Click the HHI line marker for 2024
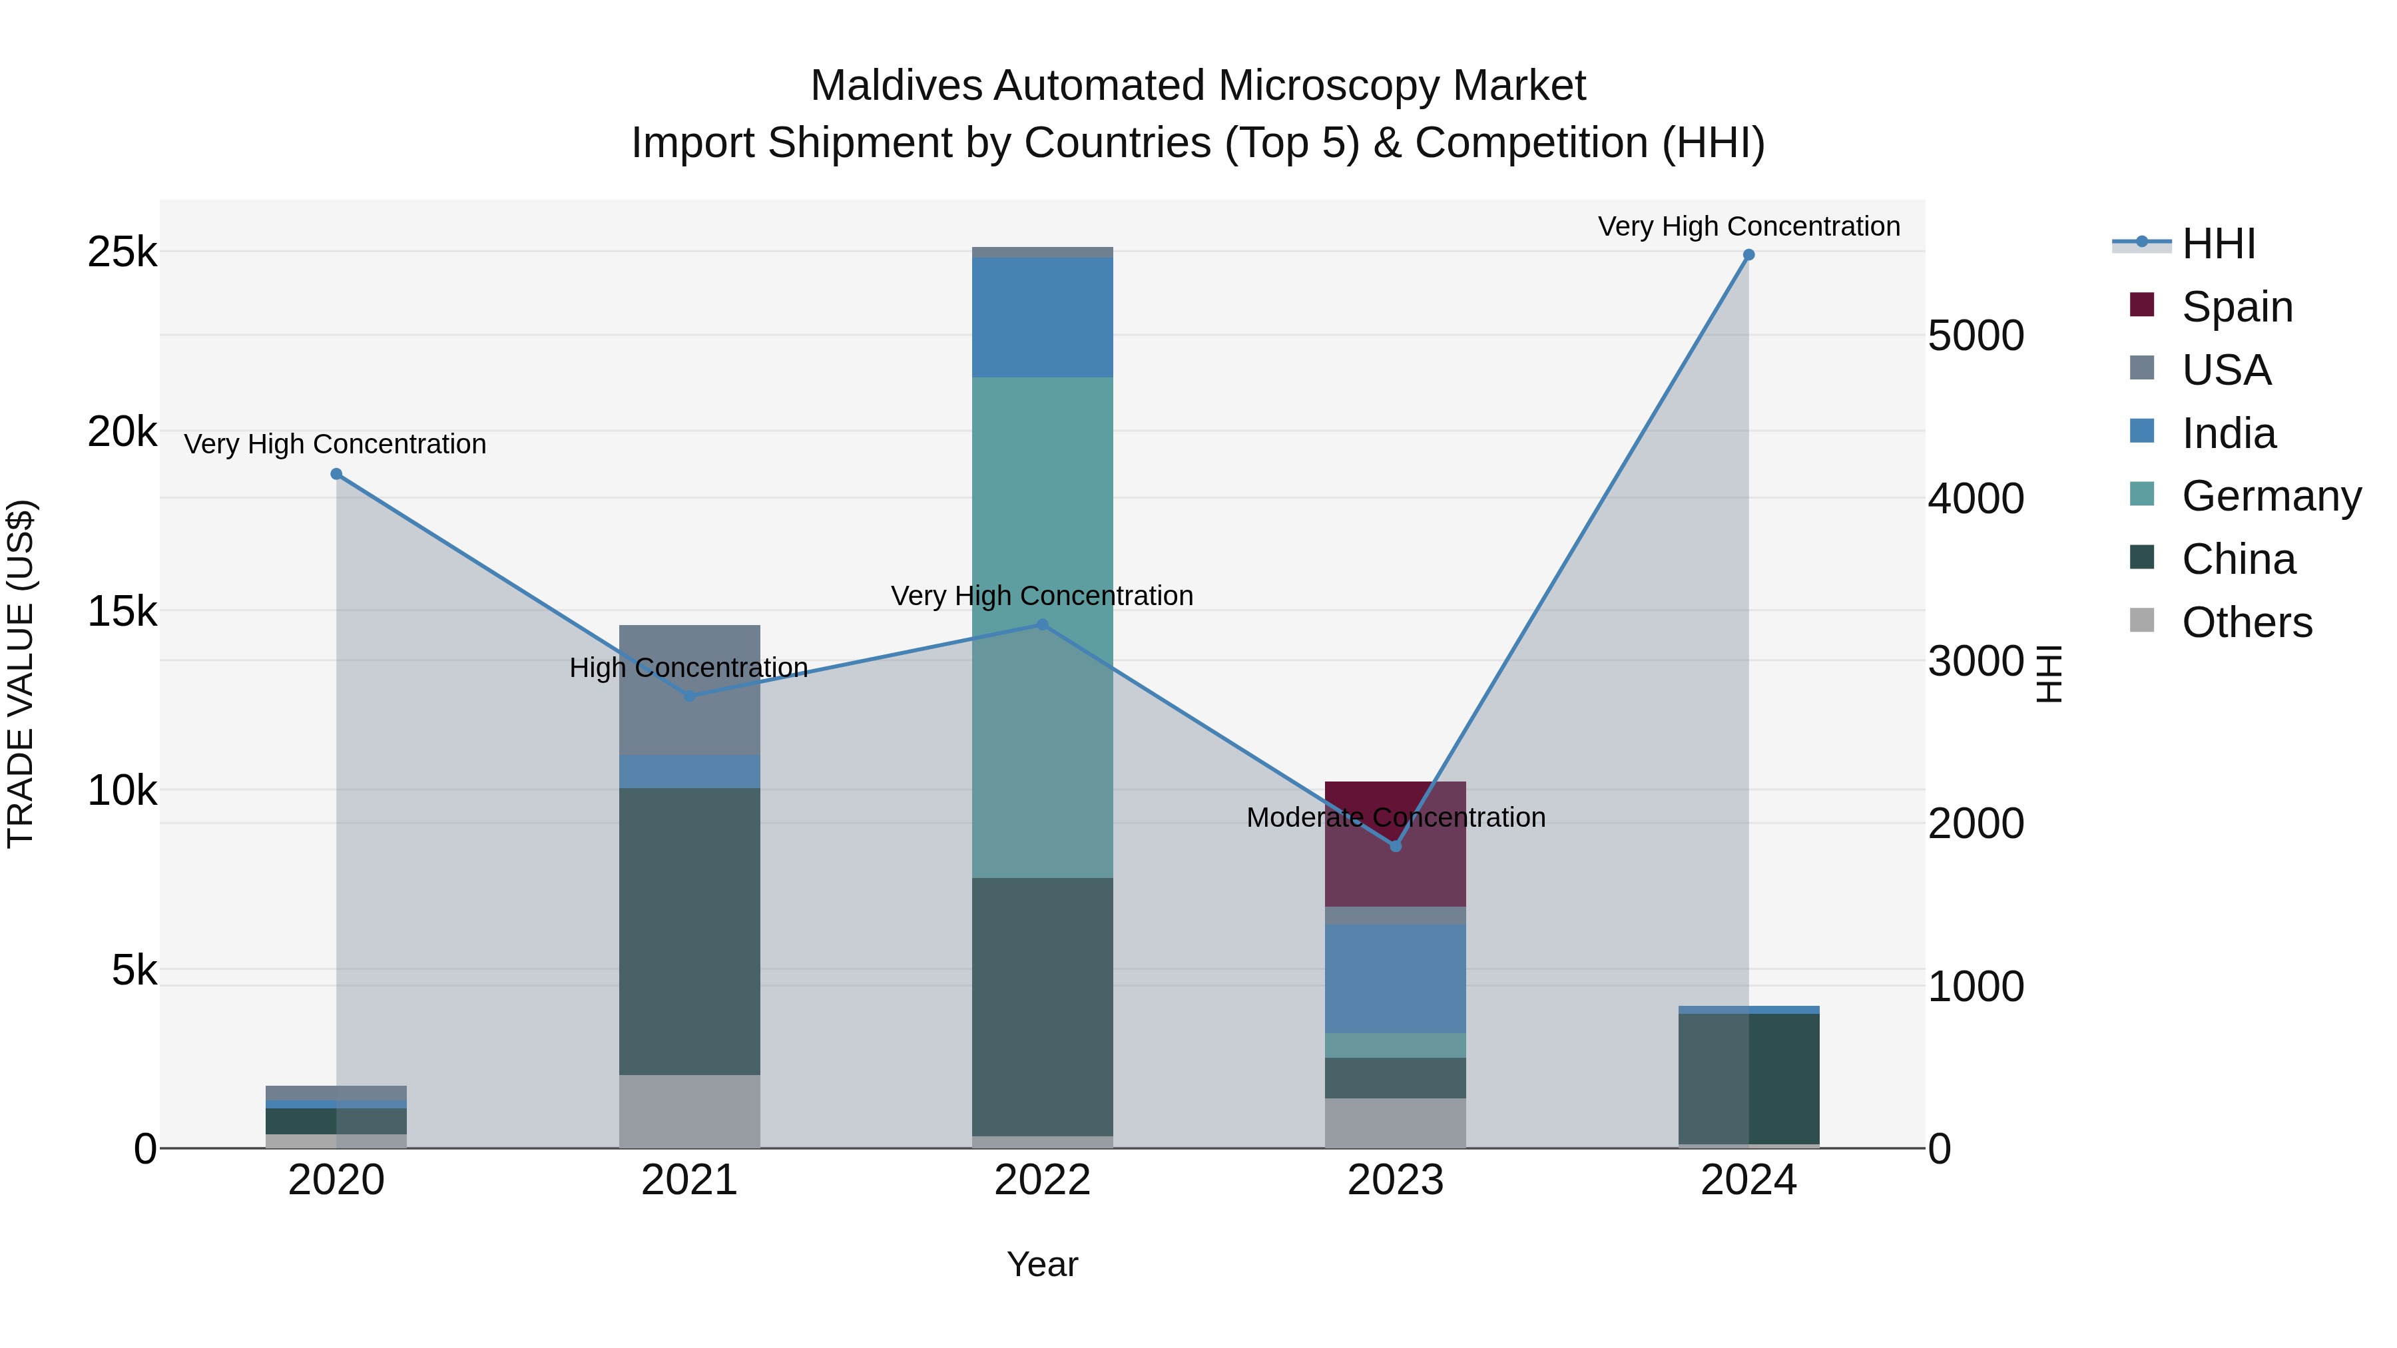[1748, 255]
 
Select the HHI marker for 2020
[337, 475]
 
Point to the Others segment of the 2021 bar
[690, 1112]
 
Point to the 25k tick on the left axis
[122, 252]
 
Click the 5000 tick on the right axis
[1976, 336]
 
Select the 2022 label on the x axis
[1042, 1180]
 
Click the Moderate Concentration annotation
[1396, 817]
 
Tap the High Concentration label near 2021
[688, 668]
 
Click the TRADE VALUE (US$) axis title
[21, 674]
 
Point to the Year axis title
[1042, 1264]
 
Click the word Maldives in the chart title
[896, 86]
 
